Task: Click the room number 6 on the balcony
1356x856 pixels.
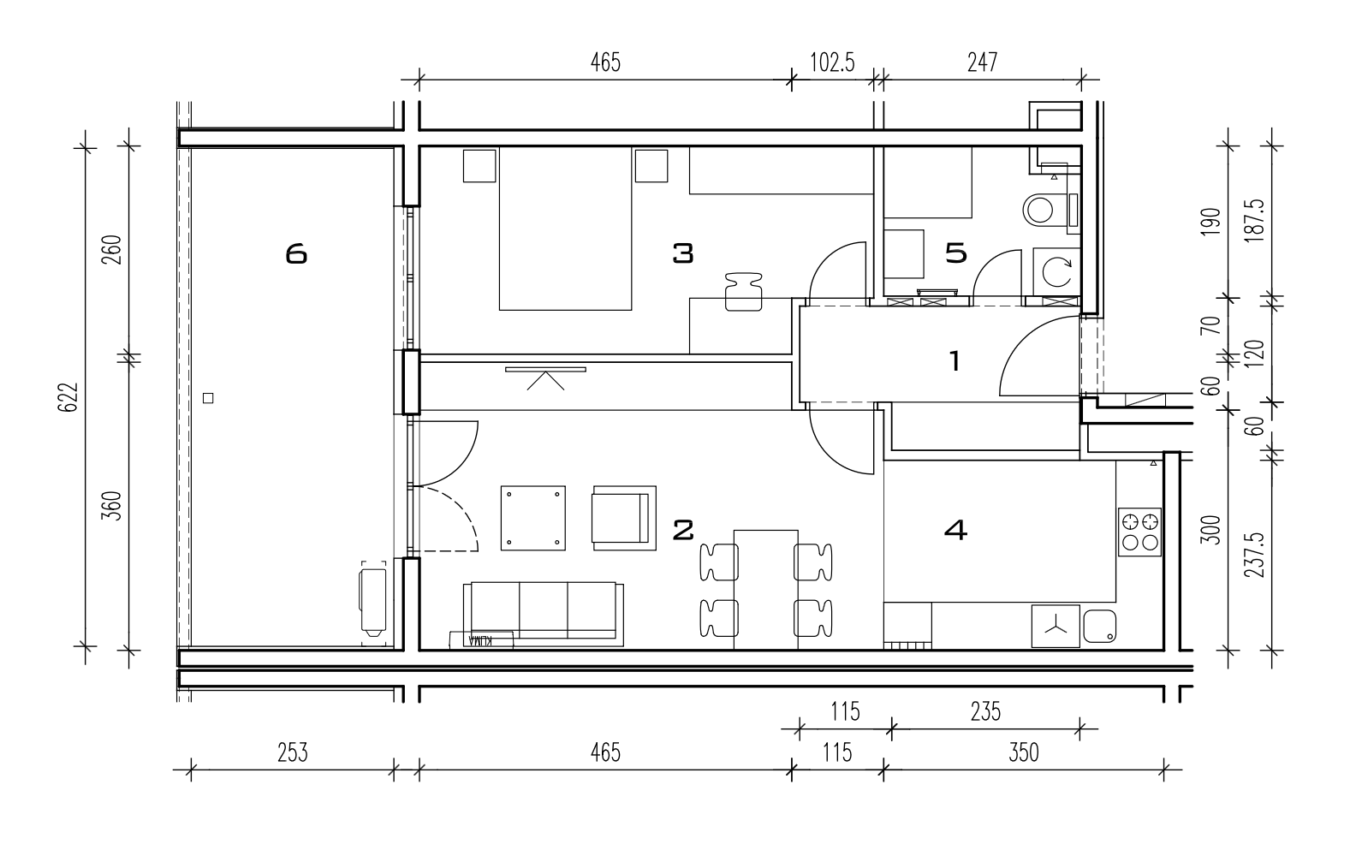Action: [x=296, y=253]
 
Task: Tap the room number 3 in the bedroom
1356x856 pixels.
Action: [x=683, y=253]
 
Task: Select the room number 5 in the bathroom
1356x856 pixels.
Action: [x=956, y=253]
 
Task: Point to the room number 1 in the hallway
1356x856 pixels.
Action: [x=955, y=360]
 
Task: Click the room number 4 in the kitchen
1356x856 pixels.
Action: [x=955, y=531]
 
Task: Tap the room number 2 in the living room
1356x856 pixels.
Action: [x=683, y=531]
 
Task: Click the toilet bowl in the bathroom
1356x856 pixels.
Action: [x=1045, y=210]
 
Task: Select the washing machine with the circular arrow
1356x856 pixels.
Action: [x=1056, y=272]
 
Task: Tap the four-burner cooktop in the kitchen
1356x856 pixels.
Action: [x=1139, y=532]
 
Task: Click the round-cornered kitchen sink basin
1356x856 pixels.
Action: [x=1100, y=626]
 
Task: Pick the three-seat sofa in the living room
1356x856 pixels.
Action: [x=544, y=613]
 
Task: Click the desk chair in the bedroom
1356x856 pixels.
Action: [x=743, y=292]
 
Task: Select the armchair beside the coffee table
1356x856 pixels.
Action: [x=624, y=518]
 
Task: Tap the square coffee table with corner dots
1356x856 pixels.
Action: [x=533, y=518]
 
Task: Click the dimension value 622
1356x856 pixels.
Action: [x=69, y=397]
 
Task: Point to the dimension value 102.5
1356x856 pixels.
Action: [x=832, y=62]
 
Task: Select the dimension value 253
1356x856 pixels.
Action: [x=293, y=752]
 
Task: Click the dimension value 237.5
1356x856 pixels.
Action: [x=1255, y=556]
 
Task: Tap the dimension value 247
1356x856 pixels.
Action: [x=982, y=62]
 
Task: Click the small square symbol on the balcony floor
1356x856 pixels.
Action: [x=208, y=398]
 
